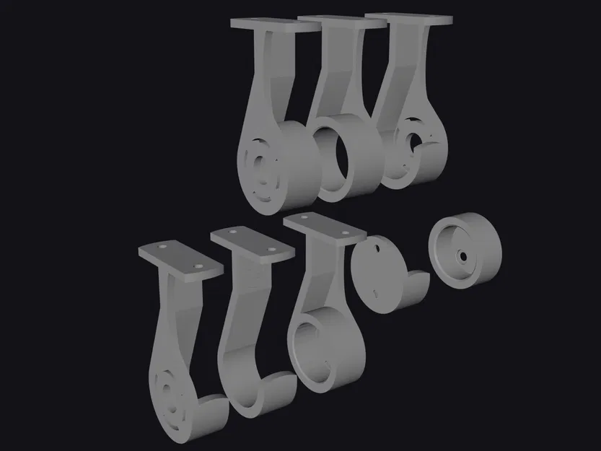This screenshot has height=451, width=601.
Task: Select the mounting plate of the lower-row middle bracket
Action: (252, 242)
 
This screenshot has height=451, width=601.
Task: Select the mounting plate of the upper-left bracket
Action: (275, 25)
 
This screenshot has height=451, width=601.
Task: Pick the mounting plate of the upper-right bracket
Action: (408, 18)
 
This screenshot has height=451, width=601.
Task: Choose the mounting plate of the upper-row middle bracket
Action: (341, 21)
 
